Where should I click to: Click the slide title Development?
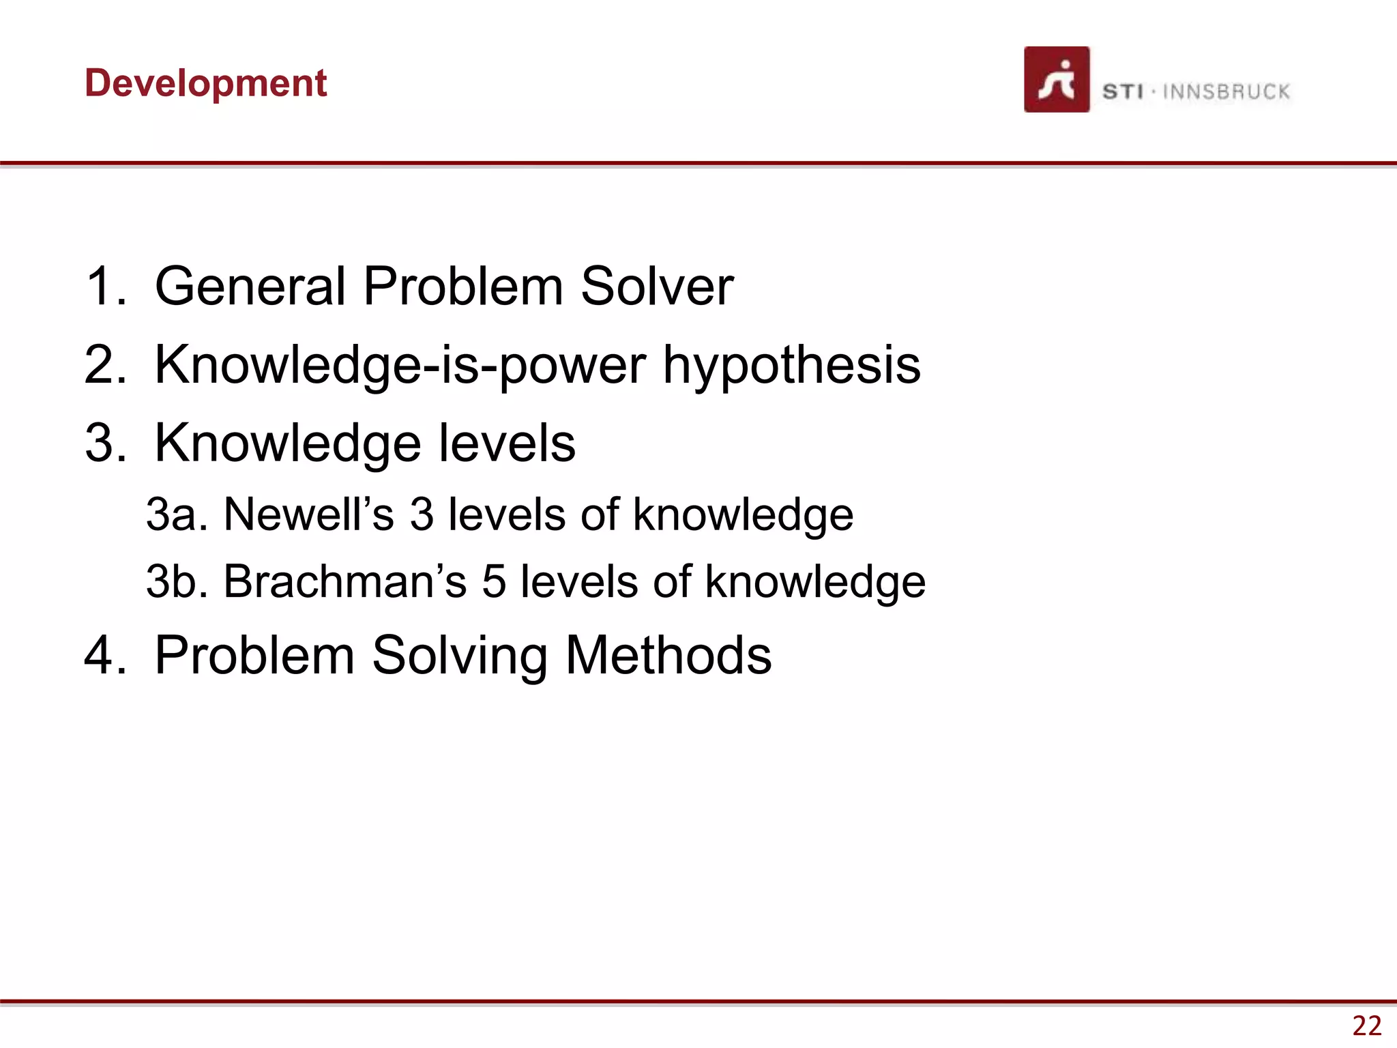(x=205, y=83)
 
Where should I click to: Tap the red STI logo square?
(x=1056, y=80)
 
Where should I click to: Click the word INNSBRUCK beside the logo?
(x=1226, y=91)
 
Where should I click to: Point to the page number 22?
(x=1366, y=1025)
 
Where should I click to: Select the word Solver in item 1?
(x=656, y=286)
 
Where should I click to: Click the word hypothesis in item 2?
(x=791, y=365)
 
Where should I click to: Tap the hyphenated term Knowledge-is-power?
(x=400, y=365)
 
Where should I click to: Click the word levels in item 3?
(x=506, y=443)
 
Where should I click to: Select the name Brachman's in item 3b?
(x=344, y=581)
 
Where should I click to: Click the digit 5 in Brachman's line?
(x=494, y=581)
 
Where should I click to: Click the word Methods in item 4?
(x=668, y=655)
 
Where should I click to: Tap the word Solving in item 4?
(x=459, y=655)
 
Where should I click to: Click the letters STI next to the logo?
(x=1123, y=91)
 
